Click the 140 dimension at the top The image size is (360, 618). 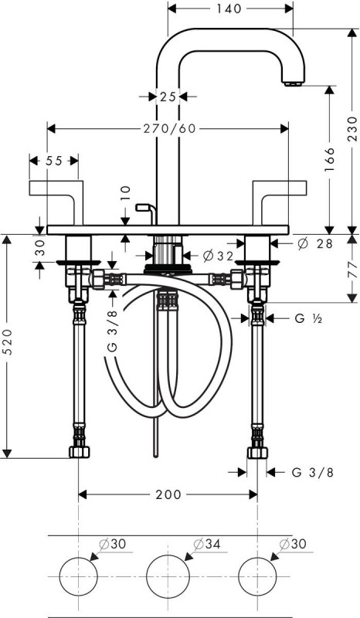pos(229,8)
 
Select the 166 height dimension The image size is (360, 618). pos(329,159)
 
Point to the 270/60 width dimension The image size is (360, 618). pos(169,129)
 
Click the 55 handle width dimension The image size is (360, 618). pos(54,161)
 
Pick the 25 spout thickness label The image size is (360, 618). pos(168,96)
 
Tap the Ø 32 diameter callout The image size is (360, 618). pos(219,256)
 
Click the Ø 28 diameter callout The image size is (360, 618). pos(315,243)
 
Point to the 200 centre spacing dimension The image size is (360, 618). pos(168,494)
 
